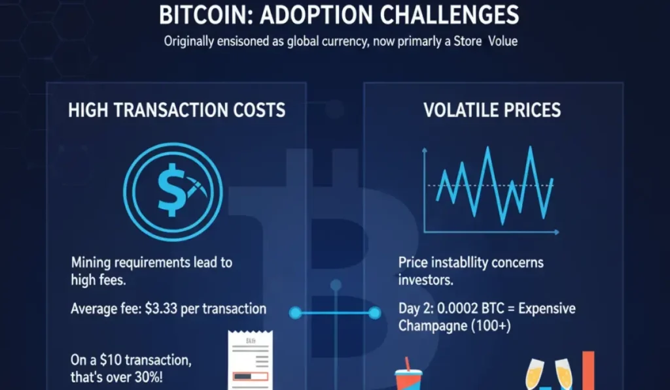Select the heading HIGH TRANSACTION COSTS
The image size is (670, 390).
click(x=177, y=109)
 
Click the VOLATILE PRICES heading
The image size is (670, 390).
click(x=492, y=109)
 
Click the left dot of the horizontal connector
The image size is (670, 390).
click(x=295, y=314)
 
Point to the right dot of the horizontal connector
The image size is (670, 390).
click(x=375, y=314)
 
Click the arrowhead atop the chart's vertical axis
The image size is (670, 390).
click(x=425, y=152)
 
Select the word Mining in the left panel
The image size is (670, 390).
click(x=91, y=263)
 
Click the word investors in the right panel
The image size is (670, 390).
click(x=425, y=280)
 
